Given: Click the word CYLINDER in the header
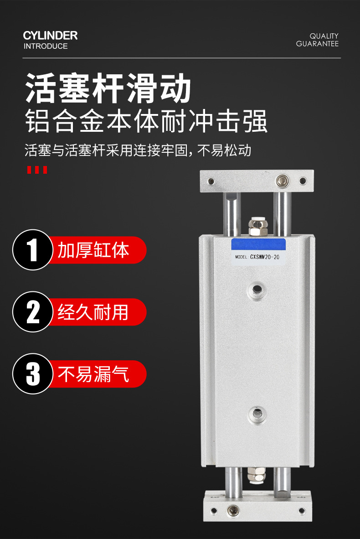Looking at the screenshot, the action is (x=50, y=36).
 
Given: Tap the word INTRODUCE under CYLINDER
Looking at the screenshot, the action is (x=46, y=46).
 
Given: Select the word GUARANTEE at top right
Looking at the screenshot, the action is (x=317, y=44).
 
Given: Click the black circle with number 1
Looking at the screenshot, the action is (x=33, y=250).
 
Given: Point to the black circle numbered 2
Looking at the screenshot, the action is (x=33, y=312).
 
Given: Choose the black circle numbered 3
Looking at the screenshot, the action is (x=33, y=373).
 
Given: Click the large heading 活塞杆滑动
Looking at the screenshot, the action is (x=108, y=88).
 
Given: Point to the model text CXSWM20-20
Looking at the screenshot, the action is (x=264, y=257).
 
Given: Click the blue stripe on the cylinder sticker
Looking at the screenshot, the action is (x=258, y=244).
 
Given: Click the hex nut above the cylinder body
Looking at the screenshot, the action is (x=257, y=228).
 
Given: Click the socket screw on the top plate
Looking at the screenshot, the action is (x=283, y=181).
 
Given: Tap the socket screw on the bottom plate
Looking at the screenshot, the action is (x=233, y=511).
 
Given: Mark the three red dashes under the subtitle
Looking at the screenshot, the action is (x=37, y=170).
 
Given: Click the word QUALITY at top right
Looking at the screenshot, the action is (x=324, y=36).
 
